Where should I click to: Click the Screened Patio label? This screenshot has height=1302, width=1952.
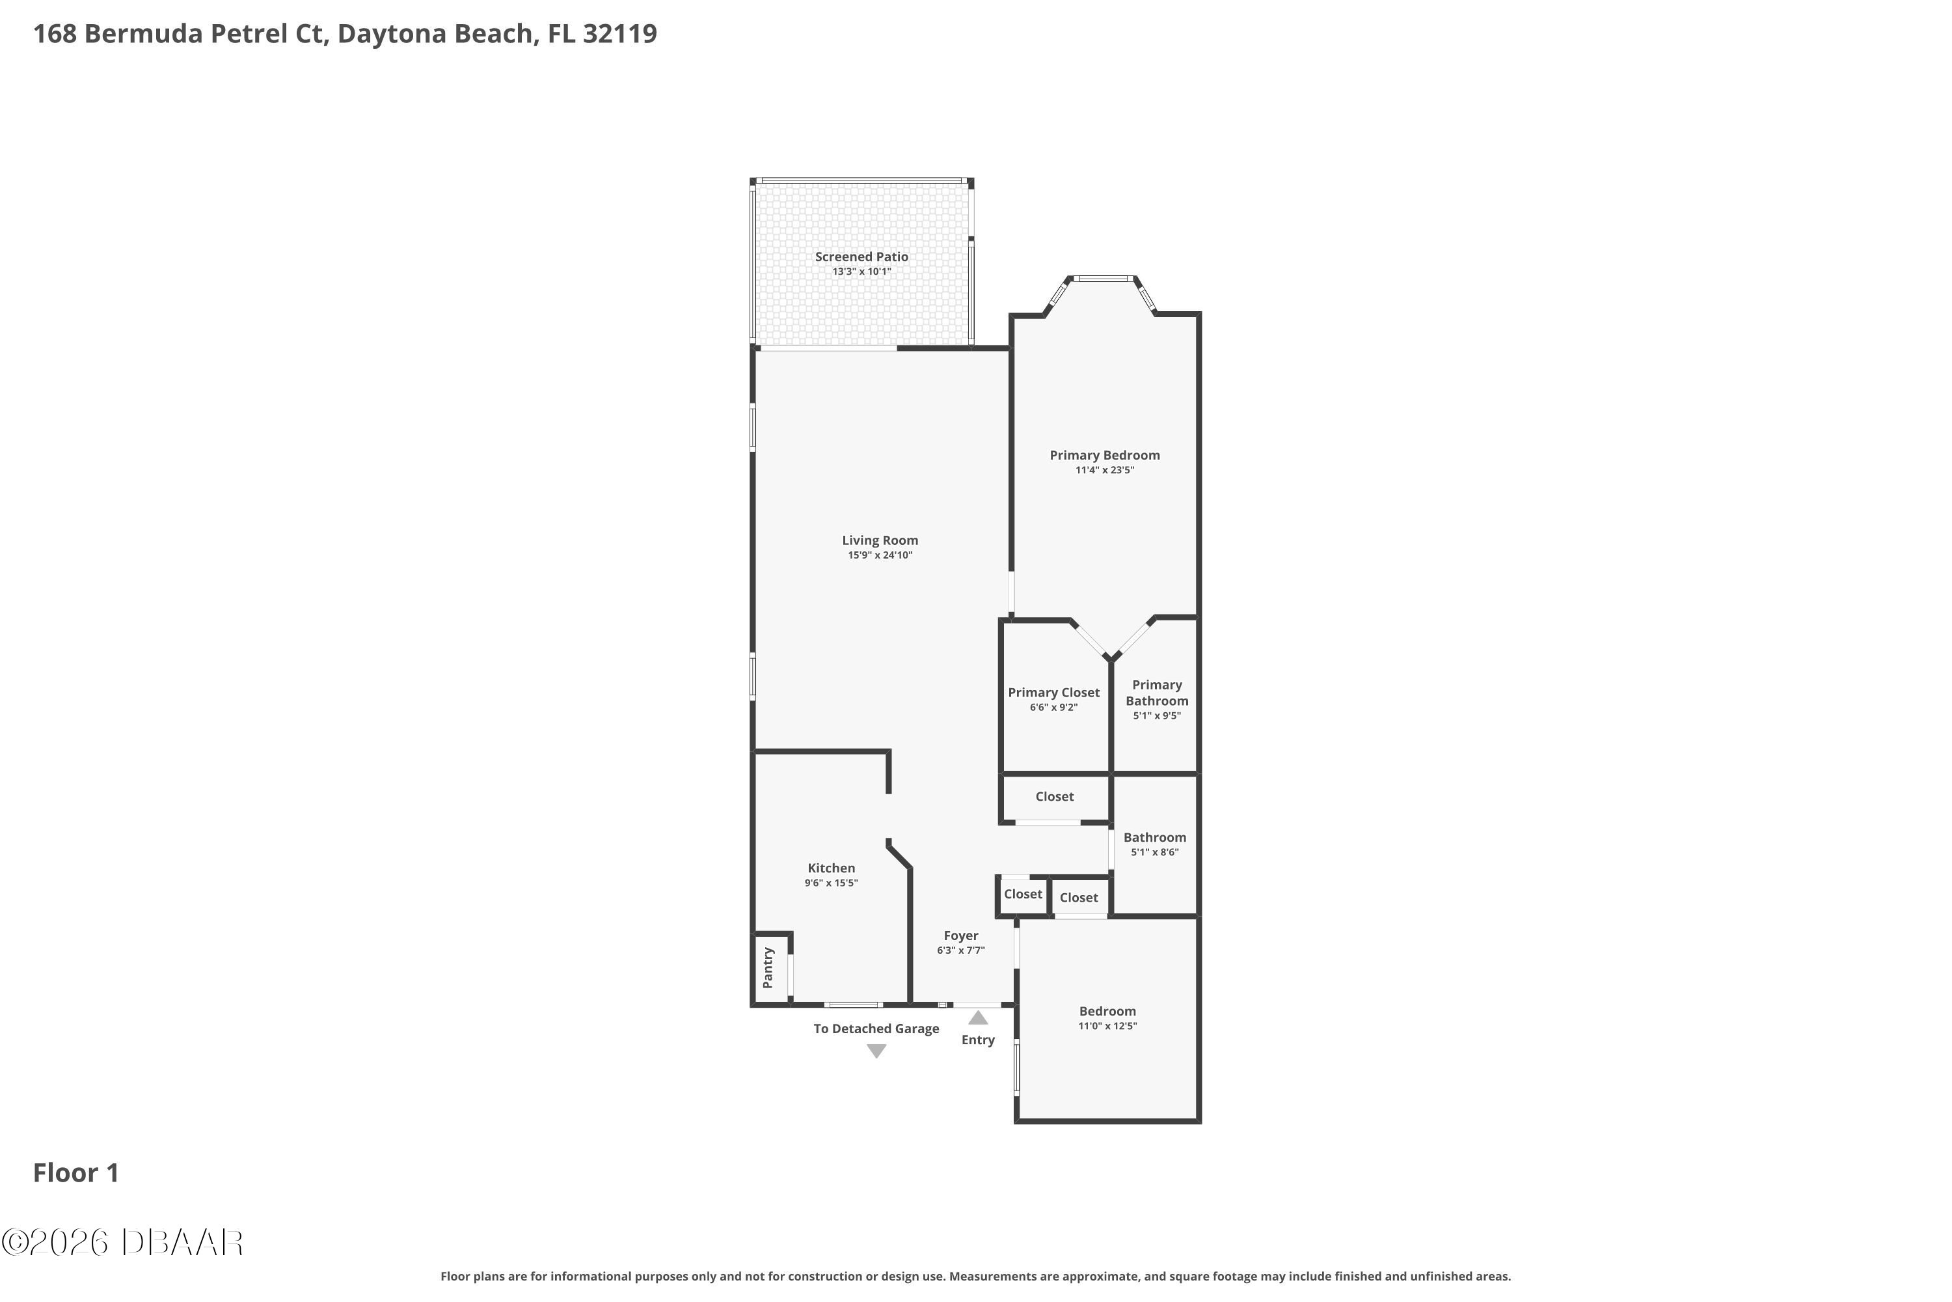click(861, 257)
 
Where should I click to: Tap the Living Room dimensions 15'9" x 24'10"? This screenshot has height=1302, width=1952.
click(880, 555)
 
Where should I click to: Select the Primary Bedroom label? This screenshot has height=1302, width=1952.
click(1105, 455)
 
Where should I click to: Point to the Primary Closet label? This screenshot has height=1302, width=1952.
click(1054, 693)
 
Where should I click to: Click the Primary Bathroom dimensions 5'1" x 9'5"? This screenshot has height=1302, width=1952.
click(1157, 715)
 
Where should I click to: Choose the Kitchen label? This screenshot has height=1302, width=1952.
click(832, 868)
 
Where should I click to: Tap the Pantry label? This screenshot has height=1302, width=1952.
click(768, 968)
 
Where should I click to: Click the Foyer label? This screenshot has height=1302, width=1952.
click(961, 936)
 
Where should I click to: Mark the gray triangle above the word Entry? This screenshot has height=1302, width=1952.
click(979, 1018)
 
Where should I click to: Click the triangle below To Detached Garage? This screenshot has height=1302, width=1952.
click(876, 1051)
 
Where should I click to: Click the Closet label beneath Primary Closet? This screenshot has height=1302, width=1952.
click(1055, 796)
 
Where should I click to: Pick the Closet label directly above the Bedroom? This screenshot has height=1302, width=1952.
click(1079, 898)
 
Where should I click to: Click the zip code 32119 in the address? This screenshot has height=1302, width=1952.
click(619, 34)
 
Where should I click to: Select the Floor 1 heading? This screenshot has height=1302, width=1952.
click(76, 1172)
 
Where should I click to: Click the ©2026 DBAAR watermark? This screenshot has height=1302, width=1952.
click(122, 1242)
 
